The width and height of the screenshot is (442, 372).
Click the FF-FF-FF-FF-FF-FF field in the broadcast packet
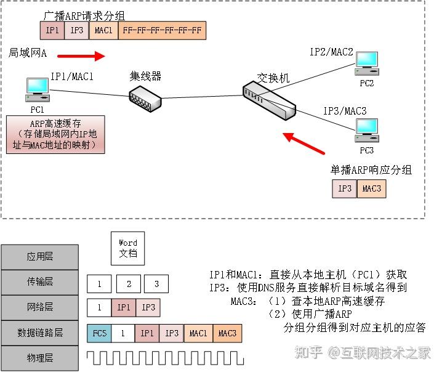[162, 30]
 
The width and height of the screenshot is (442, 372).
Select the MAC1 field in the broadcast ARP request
[103, 30]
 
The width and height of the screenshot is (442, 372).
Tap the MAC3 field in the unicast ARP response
[371, 188]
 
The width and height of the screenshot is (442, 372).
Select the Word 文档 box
[128, 248]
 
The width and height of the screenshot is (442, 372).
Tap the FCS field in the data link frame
[99, 333]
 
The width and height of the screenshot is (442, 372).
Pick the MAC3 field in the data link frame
[227, 333]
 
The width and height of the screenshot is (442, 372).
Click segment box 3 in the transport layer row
[157, 284]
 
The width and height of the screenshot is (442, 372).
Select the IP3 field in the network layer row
[148, 307]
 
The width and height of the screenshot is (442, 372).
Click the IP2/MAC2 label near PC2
[331, 52]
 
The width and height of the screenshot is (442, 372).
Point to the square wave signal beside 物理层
[166, 358]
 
